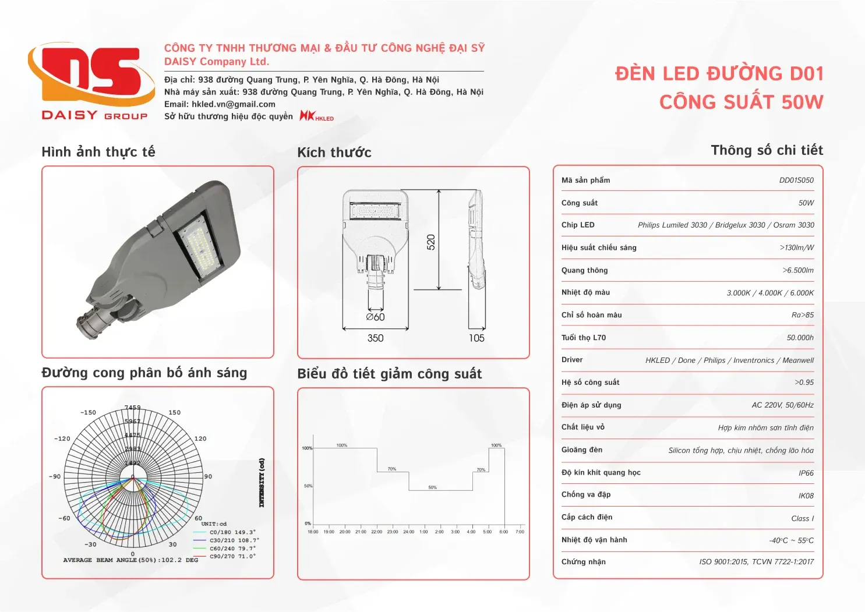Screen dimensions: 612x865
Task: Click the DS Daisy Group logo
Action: point(92,82)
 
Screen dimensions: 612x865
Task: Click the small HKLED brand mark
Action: point(316,116)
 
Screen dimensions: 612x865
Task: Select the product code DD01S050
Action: point(796,181)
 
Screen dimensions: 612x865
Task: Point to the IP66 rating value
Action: point(806,473)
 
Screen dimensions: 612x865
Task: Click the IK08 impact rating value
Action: point(806,496)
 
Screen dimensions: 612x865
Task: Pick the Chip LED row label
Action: point(578,225)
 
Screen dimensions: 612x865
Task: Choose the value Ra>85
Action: point(802,315)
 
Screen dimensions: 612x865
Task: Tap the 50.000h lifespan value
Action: point(800,338)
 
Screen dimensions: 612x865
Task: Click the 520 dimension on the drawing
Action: point(431,242)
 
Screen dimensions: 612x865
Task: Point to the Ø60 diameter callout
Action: point(375,317)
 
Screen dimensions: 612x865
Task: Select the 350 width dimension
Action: point(375,338)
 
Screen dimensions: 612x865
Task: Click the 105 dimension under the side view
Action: point(476,338)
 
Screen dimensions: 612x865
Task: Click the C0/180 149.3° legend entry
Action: point(232,532)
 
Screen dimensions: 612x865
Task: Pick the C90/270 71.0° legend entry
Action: point(232,557)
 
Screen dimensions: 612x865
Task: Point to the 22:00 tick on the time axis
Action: point(377,532)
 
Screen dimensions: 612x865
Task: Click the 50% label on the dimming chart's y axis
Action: point(308,486)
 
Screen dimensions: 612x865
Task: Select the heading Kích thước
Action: point(334,153)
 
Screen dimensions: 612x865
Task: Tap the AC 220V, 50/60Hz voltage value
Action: point(782,405)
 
